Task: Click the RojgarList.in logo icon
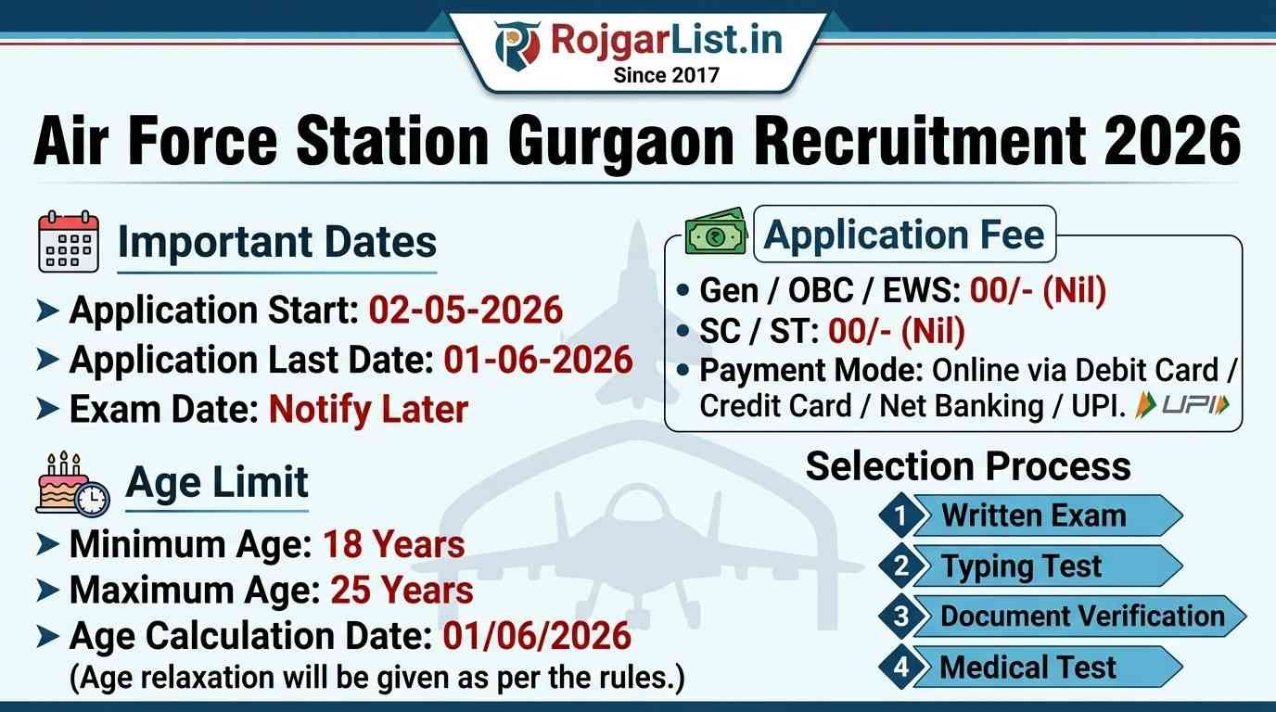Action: [517, 45]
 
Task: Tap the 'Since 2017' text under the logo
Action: [667, 75]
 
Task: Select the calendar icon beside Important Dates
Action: [69, 242]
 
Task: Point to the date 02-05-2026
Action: [466, 311]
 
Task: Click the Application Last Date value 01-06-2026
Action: [538, 360]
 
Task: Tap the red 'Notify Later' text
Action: [368, 410]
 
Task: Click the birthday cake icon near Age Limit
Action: [72, 484]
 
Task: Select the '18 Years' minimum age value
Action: [394, 544]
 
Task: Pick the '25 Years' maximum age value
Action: [402, 590]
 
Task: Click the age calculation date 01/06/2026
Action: [537, 636]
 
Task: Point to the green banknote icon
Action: [716, 232]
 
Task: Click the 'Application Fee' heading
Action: [904, 235]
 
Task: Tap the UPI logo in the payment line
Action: [1182, 405]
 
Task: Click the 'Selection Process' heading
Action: [968, 466]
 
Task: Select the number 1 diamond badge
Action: [900, 515]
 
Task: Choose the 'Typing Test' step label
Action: [1021, 566]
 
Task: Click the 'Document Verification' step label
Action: [1082, 617]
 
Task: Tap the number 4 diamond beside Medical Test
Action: [900, 667]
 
